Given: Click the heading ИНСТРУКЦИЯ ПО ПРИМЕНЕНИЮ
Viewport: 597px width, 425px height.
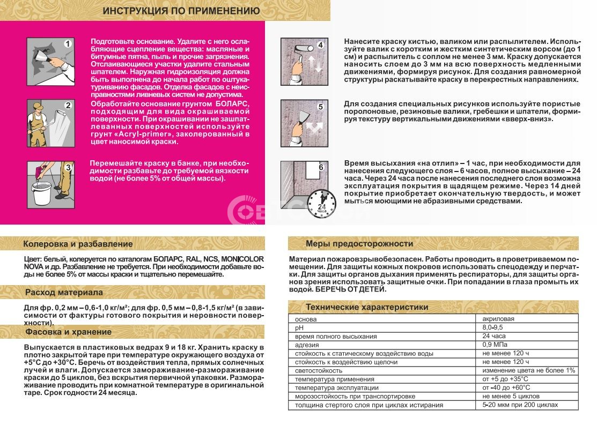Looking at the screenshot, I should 181,11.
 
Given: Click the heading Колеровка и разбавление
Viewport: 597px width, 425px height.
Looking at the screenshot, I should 78,244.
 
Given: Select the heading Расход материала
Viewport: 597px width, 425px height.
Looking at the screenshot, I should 64,293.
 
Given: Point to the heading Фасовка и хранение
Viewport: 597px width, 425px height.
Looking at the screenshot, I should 68,332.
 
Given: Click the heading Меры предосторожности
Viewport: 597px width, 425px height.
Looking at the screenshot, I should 359,244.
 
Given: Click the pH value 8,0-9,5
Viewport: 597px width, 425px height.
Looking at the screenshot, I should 494,327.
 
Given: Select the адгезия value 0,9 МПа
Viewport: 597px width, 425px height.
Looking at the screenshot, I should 495,345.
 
